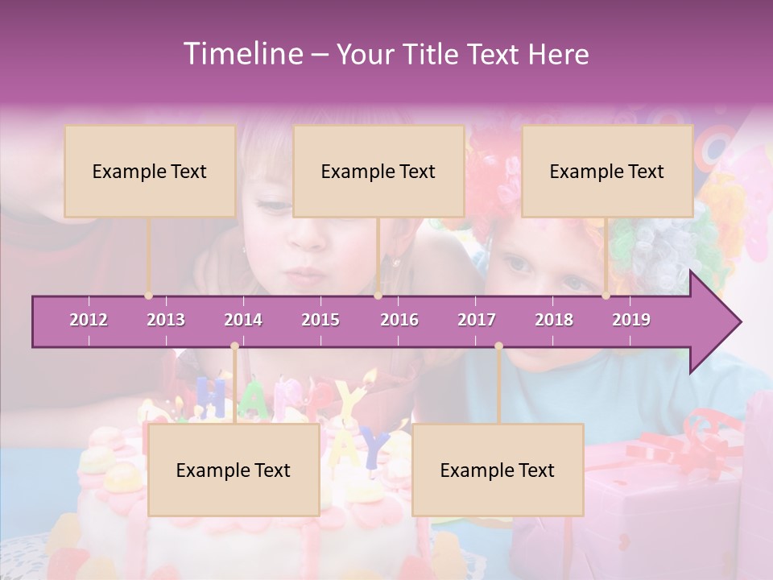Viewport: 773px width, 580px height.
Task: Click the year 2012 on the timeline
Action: pyautogui.click(x=89, y=320)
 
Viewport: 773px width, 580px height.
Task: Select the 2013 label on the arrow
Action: pyautogui.click(x=166, y=320)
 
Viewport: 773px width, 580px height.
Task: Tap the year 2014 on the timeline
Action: pyautogui.click(x=243, y=320)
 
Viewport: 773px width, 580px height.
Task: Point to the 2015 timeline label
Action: pyautogui.click(x=320, y=320)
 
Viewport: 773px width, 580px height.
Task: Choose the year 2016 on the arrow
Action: pyautogui.click(x=399, y=320)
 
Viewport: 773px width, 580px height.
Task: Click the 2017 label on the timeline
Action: pyautogui.click(x=477, y=320)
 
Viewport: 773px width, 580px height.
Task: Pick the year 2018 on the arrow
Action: pyautogui.click(x=554, y=320)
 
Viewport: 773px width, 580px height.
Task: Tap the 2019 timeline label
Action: pyautogui.click(x=631, y=320)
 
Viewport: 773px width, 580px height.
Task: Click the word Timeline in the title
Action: pyautogui.click(x=242, y=54)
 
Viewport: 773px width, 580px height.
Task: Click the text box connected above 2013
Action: pyautogui.click(x=150, y=171)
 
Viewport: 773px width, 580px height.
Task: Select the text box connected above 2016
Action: pyautogui.click(x=378, y=171)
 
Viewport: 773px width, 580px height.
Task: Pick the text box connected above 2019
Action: pyautogui.click(x=607, y=171)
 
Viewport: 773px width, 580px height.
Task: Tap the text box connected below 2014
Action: pyautogui.click(x=234, y=470)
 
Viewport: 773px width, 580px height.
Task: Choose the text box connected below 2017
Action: pyautogui.click(x=498, y=470)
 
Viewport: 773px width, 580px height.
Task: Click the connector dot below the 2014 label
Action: pyautogui.click(x=234, y=346)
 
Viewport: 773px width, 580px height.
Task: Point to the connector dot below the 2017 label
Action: pyautogui.click(x=498, y=346)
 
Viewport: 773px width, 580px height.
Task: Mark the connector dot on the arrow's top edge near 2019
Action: pyautogui.click(x=606, y=296)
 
